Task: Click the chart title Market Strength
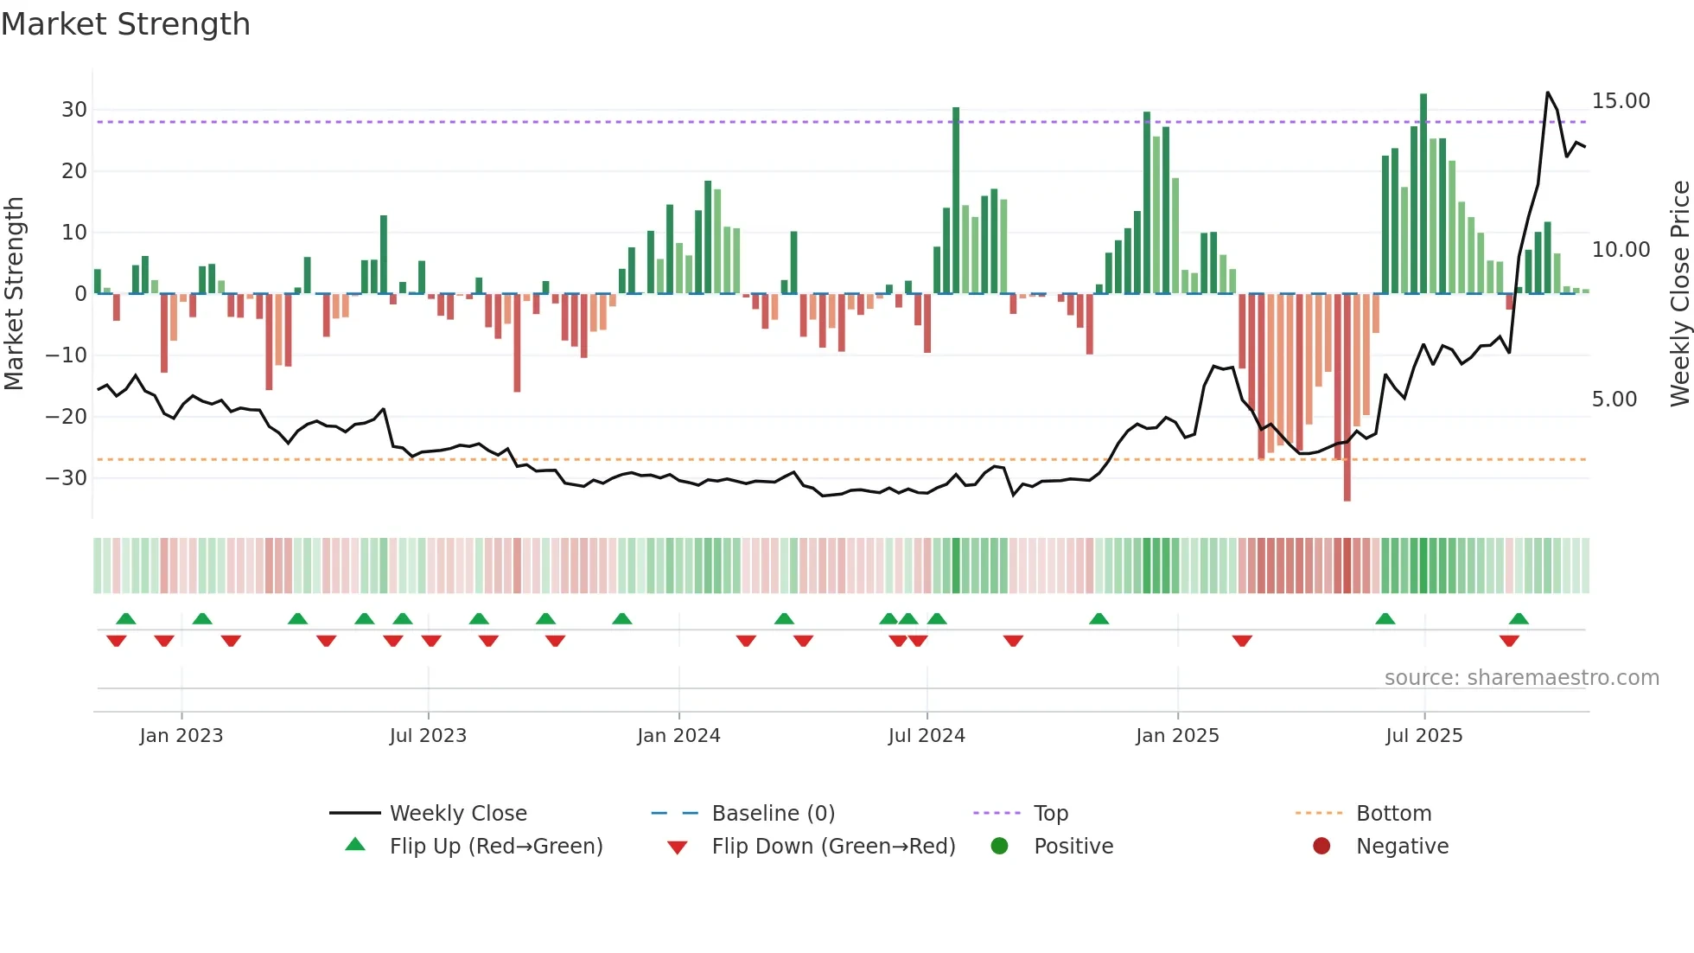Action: [x=125, y=24]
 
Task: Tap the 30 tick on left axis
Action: [x=74, y=110]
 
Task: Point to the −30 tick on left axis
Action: [x=67, y=477]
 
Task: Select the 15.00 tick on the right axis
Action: [x=1621, y=101]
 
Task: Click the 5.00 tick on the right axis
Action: [x=1614, y=400]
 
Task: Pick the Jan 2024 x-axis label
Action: [x=678, y=736]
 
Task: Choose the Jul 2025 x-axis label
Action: [x=1423, y=736]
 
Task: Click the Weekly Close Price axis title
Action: [x=1679, y=294]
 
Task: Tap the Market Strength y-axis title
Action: [x=15, y=294]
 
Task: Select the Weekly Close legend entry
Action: [x=458, y=814]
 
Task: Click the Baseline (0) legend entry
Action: [x=773, y=814]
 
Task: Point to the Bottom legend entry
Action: [x=1393, y=814]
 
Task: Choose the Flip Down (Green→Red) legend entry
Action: [x=833, y=847]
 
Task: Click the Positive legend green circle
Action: [x=999, y=847]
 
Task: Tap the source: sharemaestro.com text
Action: [x=1521, y=678]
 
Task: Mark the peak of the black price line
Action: [x=1547, y=93]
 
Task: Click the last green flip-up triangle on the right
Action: [x=1519, y=619]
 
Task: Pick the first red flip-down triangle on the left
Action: [x=117, y=641]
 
